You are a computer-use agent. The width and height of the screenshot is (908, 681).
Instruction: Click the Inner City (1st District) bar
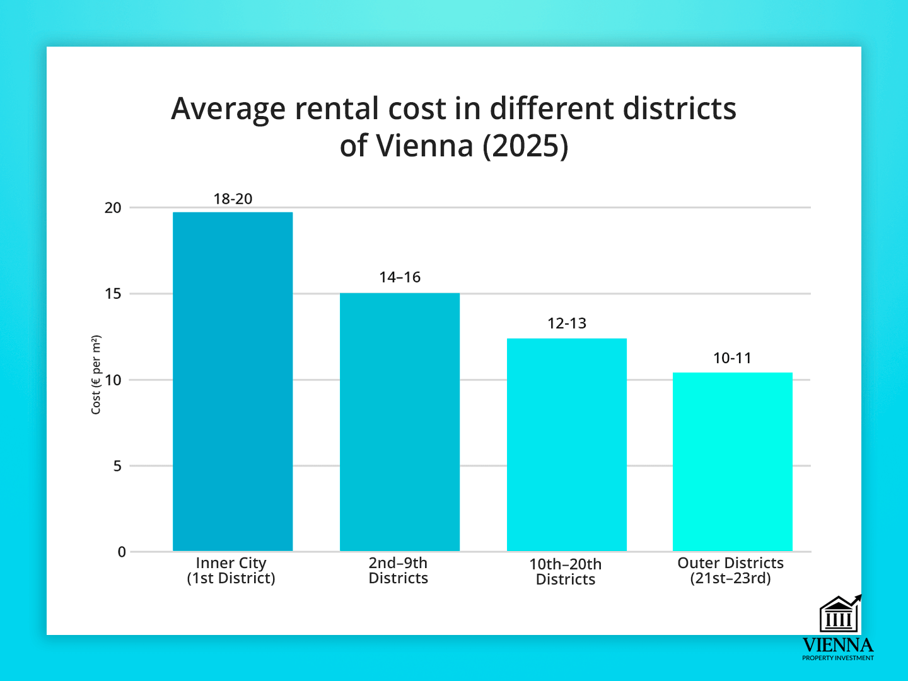[x=233, y=381]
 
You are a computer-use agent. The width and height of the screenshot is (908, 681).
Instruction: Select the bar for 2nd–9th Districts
[x=400, y=422]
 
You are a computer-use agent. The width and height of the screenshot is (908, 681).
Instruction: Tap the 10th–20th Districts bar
[x=567, y=445]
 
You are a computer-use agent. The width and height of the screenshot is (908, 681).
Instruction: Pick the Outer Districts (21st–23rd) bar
[x=733, y=462]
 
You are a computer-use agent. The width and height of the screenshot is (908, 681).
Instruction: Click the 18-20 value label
[x=233, y=199]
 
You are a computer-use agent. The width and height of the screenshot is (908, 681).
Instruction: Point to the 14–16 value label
[x=400, y=277]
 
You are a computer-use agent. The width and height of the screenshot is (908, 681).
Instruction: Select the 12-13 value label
[x=567, y=323]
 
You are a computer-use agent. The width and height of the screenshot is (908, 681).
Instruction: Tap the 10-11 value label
[x=732, y=358]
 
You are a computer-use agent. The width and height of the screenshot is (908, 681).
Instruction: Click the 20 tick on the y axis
[x=113, y=208]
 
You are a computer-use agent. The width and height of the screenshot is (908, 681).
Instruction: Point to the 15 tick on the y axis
[x=113, y=294]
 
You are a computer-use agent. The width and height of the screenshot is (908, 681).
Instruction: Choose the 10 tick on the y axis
[x=113, y=380]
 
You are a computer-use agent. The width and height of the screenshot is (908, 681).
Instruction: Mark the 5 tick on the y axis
[x=117, y=466]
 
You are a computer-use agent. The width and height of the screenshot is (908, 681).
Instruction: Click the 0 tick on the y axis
[x=122, y=552]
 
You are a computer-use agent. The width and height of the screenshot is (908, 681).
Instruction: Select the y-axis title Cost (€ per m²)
[x=96, y=375]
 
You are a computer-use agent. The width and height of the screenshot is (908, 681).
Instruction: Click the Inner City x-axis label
[x=231, y=571]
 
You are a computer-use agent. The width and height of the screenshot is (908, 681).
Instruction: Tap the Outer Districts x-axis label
[x=731, y=571]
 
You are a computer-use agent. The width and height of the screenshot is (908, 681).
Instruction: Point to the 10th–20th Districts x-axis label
[x=566, y=572]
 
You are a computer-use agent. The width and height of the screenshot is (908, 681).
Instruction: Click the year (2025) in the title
[x=525, y=146]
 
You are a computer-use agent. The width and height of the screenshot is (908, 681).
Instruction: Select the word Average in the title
[x=228, y=109]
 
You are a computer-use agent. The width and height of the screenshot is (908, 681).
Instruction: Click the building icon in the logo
[x=839, y=615]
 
